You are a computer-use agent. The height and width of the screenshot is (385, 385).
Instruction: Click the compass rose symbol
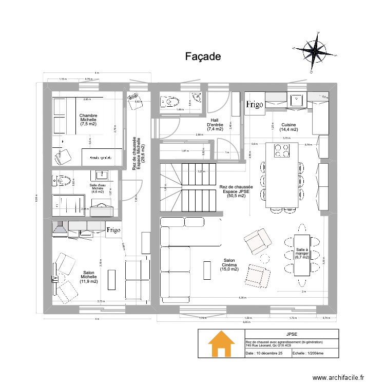(315, 50)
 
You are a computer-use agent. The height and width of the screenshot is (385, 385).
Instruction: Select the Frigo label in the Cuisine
(255, 105)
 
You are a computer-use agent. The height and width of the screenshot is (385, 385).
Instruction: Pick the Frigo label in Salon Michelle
(113, 230)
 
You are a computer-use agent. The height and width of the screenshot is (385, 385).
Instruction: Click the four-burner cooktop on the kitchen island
(282, 150)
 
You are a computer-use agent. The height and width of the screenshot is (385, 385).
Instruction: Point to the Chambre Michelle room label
(88, 120)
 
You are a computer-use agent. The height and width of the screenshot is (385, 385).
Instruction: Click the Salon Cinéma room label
(229, 265)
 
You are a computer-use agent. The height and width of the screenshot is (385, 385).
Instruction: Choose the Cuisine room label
(288, 127)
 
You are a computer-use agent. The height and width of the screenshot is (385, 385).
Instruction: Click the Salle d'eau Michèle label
(98, 188)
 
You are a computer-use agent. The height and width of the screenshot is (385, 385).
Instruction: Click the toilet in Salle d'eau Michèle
(62, 181)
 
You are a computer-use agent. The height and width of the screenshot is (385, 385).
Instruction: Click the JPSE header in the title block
(292, 334)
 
